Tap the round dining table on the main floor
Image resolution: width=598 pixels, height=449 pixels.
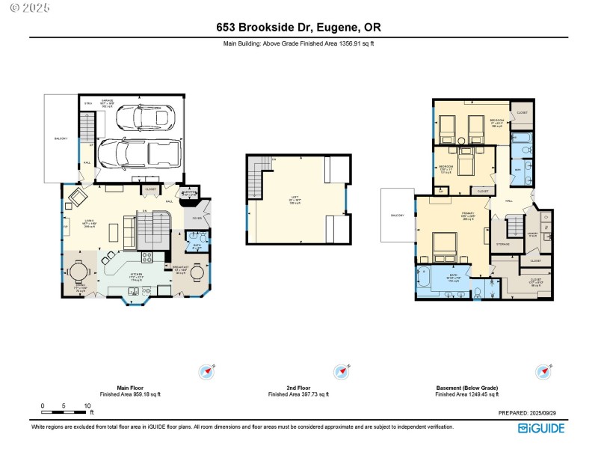80,273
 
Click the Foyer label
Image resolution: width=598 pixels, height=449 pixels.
197,219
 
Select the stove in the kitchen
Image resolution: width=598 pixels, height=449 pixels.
147,257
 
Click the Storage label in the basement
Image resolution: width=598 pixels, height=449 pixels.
503,243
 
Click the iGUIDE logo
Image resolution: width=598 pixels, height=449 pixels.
542,428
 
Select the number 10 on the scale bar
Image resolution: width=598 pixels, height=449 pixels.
87,406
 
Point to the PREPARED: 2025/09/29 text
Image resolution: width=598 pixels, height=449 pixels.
532,412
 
